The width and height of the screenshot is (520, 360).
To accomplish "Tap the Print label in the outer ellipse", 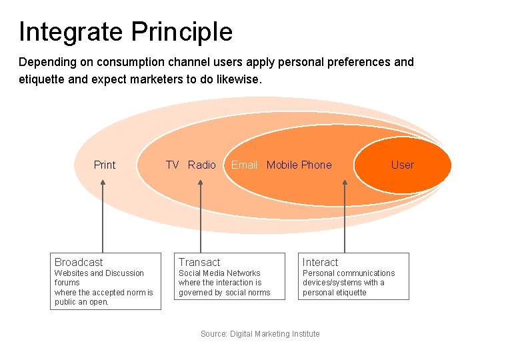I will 105,165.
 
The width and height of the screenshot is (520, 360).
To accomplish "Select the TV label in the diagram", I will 173,165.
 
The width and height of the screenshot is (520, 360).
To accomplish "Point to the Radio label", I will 202,165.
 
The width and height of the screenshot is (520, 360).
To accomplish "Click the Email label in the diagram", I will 244,165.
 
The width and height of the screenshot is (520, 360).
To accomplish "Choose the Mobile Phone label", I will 299,165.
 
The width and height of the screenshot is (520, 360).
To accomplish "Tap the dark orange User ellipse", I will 402,165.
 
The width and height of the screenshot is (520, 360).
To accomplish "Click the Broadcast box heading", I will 79,262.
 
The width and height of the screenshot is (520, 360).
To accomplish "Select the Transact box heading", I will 199,262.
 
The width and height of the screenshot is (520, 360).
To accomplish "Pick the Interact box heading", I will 320,262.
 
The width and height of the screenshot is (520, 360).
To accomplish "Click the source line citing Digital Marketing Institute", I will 260,333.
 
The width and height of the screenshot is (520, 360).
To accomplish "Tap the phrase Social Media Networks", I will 219,273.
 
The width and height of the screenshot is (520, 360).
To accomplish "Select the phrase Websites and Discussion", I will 99,273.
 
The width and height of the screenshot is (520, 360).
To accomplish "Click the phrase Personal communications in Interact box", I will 349,273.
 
